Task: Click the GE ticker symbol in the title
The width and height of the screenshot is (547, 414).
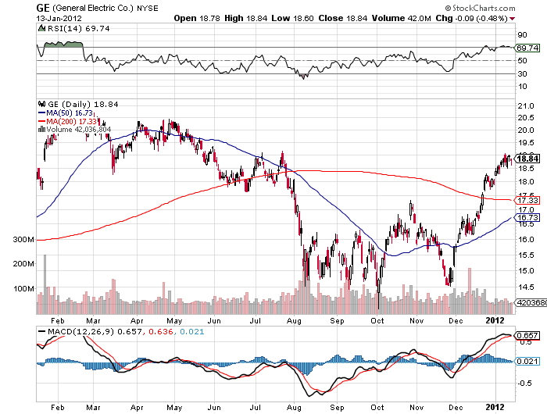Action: [x=41, y=7]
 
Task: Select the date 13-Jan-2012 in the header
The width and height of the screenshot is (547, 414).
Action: [x=60, y=18]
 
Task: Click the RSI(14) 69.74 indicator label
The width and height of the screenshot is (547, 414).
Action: [x=66, y=28]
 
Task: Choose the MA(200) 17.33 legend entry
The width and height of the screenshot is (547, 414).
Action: [x=69, y=121]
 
